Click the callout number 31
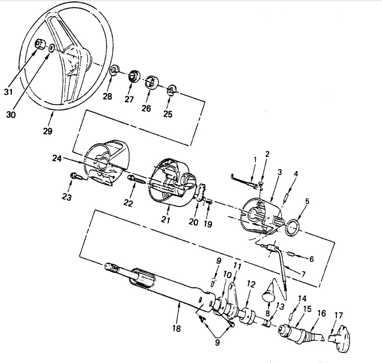pyautogui.click(x=8, y=92)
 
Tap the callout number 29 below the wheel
pyautogui.click(x=48, y=131)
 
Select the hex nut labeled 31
pyautogui.click(x=40, y=44)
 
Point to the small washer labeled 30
pyautogui.click(x=51, y=48)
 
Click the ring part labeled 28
pyautogui.click(x=114, y=70)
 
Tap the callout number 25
pyautogui.click(x=168, y=114)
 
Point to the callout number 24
pyautogui.click(x=57, y=158)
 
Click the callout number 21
pyautogui.click(x=166, y=220)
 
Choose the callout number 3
pyautogui.click(x=279, y=172)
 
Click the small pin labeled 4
pyautogui.click(x=286, y=196)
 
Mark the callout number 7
pyautogui.click(x=303, y=274)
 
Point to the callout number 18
pyautogui.click(x=177, y=328)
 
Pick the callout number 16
pyautogui.click(x=321, y=313)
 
